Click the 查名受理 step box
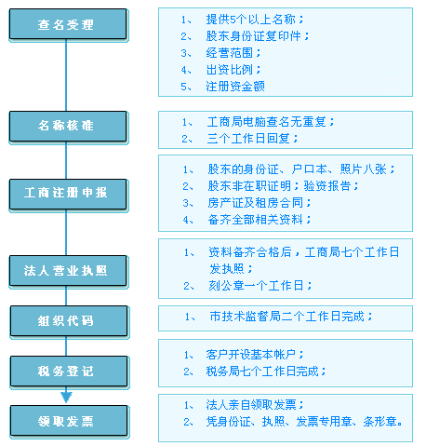(68, 24)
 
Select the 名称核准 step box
(68, 127)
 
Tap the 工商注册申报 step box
(68, 194)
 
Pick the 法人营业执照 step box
(68, 271)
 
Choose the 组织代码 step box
(69, 321)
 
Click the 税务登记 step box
(69, 372)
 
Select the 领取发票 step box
(69, 421)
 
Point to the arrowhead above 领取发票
(66, 397)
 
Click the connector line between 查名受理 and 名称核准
(66, 75)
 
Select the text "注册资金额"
(235, 87)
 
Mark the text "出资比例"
(230, 70)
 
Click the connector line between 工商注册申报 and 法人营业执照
(66, 233)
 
